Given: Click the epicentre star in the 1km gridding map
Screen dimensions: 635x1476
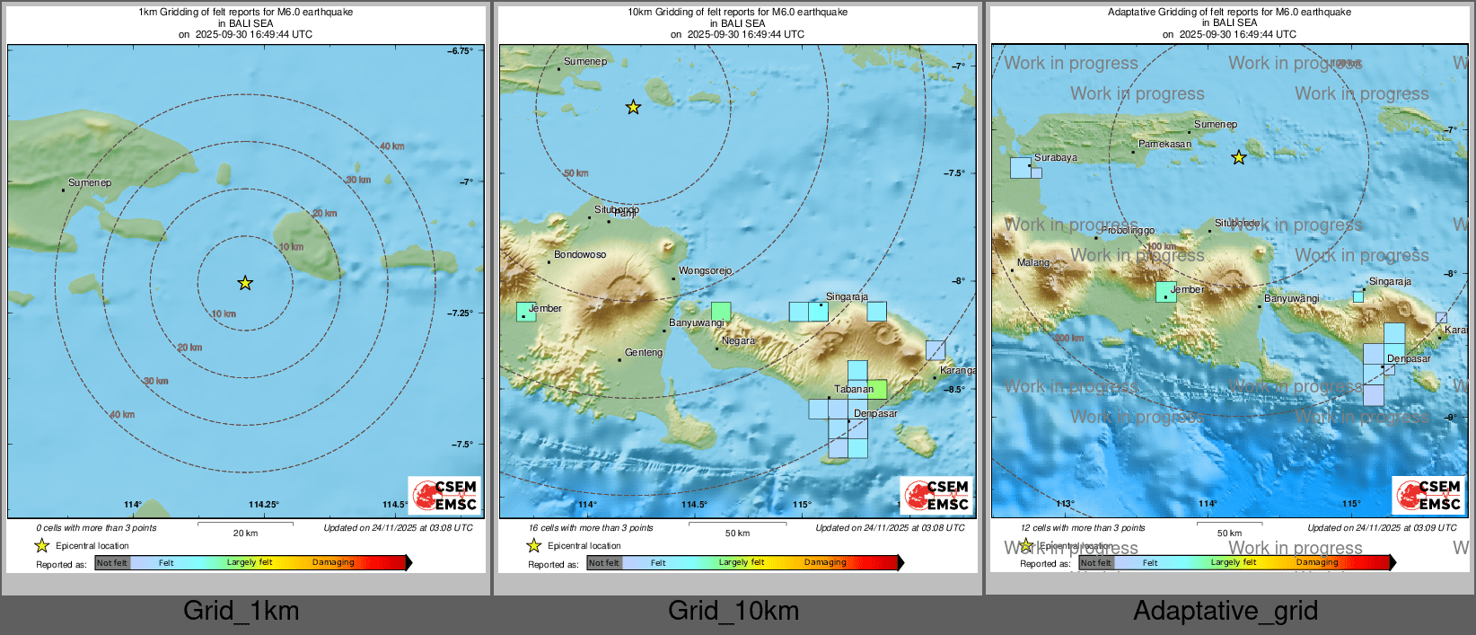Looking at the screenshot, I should pos(245,283).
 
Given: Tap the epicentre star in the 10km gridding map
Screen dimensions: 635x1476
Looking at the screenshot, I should pos(633,108).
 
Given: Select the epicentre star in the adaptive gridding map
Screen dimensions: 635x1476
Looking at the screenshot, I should pos(1239,158).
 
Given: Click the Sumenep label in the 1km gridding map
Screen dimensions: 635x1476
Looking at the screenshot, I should pos(90,183).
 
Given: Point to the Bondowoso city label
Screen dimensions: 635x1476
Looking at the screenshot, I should pos(580,255).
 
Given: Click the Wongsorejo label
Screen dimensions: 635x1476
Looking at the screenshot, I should pos(706,270).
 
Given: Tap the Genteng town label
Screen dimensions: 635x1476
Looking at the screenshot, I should pos(644,353).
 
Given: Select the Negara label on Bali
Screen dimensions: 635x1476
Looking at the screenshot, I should pos(738,341).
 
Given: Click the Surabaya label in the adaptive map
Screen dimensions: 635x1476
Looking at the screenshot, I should pos(1056,158).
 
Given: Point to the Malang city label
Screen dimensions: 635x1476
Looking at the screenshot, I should pos(1032,263).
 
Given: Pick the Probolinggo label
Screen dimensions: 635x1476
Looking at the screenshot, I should pos(1128,231).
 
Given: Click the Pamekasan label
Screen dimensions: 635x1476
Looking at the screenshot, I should pos(1164,145).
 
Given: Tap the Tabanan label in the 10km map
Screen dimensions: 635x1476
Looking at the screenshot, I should pos(853,390).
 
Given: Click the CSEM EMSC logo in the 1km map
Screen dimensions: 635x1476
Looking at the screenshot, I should pos(445,495).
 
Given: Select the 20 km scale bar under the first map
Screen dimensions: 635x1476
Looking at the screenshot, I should pos(245,523).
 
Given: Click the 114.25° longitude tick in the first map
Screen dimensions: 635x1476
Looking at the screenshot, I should pos(264,505).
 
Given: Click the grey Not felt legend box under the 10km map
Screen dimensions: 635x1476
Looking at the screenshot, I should pos(604,563).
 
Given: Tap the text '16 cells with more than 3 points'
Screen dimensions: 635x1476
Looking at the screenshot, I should pos(591,528).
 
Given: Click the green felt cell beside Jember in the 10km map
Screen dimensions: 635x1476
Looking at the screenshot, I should pos(525,312).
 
